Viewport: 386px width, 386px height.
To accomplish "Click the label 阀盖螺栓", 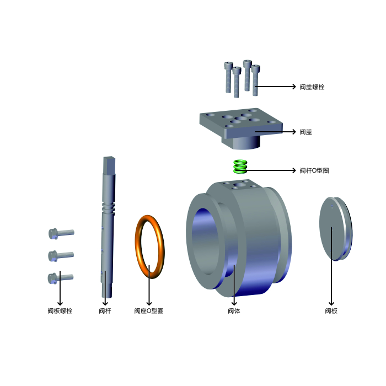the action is pos(312,87).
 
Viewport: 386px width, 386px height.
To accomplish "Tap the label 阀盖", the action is pos(305,132).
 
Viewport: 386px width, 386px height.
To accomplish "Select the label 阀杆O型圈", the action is pos(314,170).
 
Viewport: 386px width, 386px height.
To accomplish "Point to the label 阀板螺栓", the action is pos(60,310).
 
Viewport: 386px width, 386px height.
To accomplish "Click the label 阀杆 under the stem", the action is pos(105,310).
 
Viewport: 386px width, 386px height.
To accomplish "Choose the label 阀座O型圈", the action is pos(149,310).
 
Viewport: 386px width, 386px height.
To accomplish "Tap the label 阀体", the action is pos(234,310).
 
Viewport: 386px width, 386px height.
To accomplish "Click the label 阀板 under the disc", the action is pos(331,310).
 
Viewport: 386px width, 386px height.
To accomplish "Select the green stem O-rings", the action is pos(240,167).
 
